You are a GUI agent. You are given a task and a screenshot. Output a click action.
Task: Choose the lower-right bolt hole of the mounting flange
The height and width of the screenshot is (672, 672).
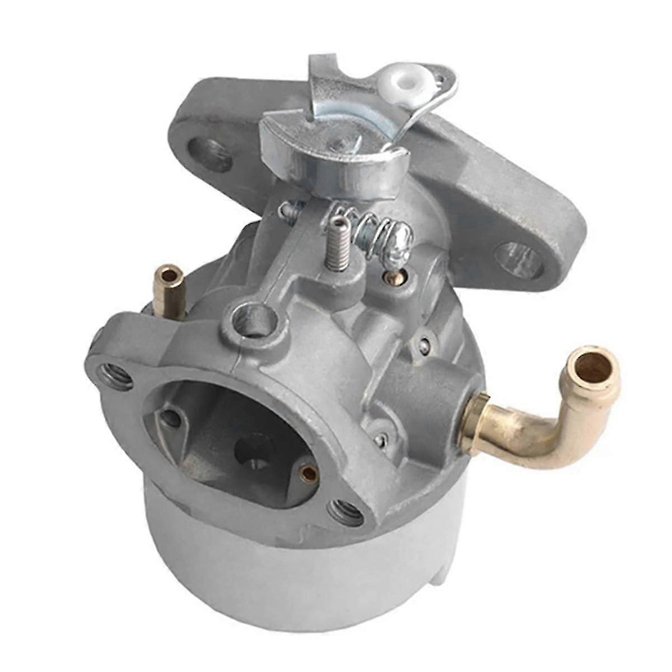tap(520, 260)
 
